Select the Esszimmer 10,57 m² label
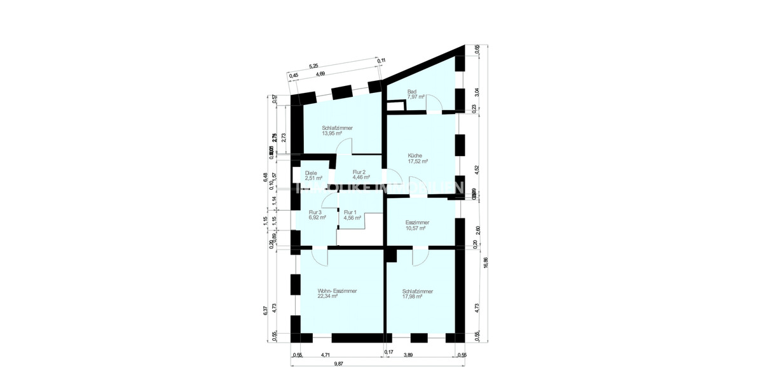(x=418, y=225)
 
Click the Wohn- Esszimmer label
(x=337, y=294)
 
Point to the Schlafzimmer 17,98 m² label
(x=418, y=294)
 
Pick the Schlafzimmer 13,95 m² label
(x=337, y=131)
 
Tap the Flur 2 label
(x=359, y=175)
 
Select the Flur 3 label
(x=317, y=215)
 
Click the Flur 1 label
(x=351, y=215)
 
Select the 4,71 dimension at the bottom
(x=326, y=355)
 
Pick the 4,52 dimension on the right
(x=477, y=169)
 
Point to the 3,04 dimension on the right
(x=477, y=92)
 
